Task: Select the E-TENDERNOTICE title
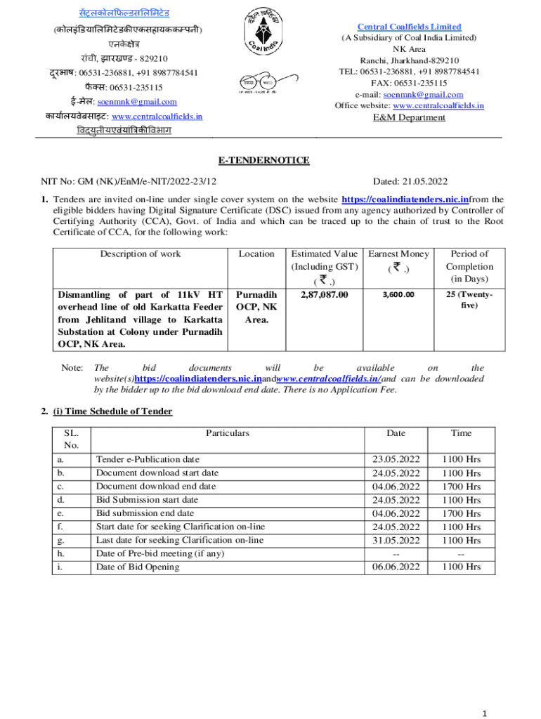tap(263, 161)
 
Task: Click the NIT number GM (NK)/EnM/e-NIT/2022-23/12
tap(129, 181)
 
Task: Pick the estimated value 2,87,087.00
tap(324, 295)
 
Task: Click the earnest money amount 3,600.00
tap(398, 295)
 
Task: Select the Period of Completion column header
tap(469, 266)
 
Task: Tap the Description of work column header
tap(140, 254)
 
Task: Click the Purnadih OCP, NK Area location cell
tap(256, 307)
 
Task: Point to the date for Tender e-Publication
tap(396, 459)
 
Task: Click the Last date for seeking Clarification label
tap(180, 540)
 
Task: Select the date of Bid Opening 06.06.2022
tap(396, 567)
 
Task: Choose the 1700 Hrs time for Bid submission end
tap(461, 513)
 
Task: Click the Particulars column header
tap(228, 433)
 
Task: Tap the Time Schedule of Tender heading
tap(112, 411)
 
